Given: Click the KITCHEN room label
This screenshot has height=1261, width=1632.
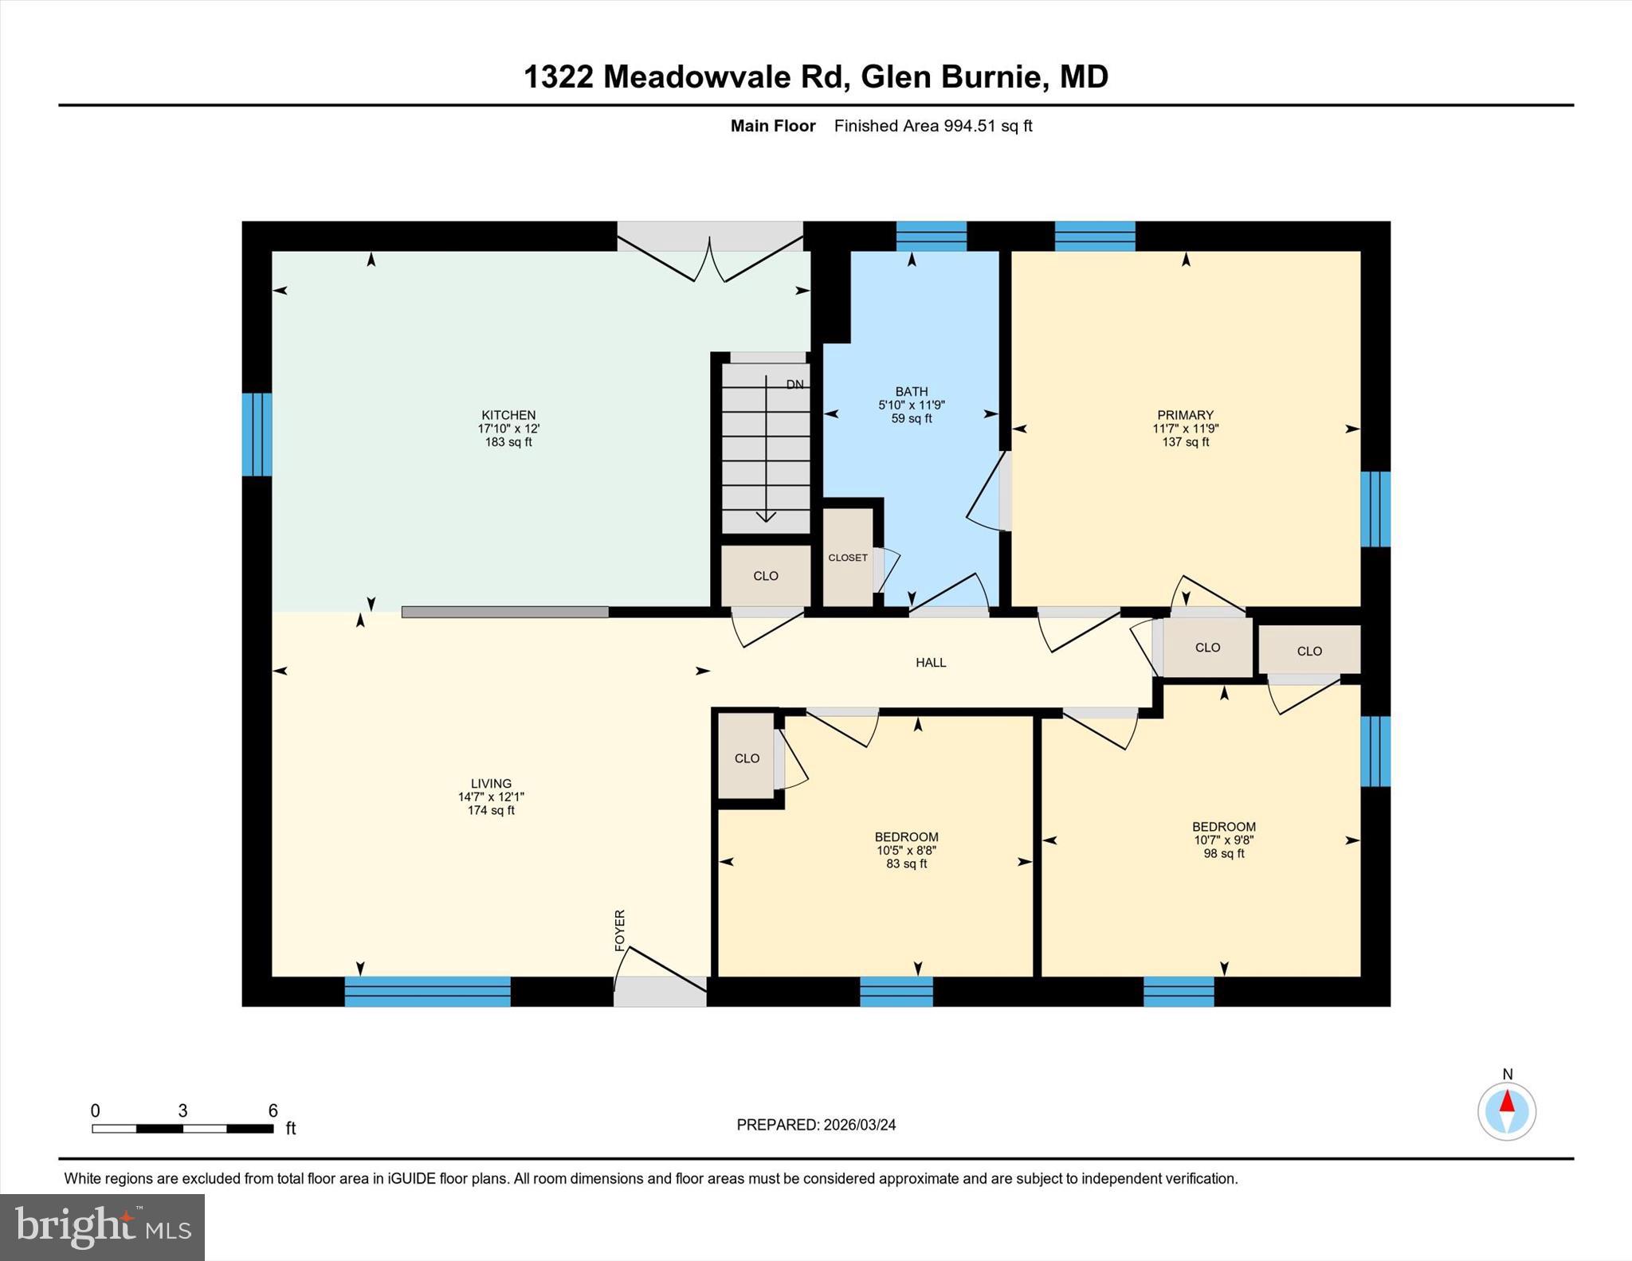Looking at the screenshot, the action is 508,415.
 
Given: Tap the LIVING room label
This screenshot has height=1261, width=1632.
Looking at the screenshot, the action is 491,784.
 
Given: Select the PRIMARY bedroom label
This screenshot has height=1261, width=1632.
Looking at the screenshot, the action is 1186,415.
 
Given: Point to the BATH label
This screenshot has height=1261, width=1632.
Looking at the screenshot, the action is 912,392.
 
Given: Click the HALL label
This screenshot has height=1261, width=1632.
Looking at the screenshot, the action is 931,663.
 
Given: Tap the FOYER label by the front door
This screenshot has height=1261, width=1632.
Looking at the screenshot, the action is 620,930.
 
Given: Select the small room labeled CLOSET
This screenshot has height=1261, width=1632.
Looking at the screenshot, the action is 848,558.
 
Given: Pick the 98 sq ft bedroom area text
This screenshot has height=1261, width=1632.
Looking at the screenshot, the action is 1224,854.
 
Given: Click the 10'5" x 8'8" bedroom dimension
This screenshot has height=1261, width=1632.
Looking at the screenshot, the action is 907,851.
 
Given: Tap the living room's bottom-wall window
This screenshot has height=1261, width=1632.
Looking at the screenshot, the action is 428,992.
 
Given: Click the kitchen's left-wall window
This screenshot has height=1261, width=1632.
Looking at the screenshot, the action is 257,434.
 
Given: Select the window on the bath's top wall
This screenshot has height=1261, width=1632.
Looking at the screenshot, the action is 932,237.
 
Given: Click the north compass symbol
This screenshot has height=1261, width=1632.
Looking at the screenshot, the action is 1507,1110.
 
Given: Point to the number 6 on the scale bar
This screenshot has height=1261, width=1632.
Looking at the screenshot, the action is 273,1111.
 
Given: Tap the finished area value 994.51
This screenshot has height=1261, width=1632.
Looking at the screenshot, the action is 970,126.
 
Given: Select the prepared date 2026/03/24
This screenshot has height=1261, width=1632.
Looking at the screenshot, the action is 860,1125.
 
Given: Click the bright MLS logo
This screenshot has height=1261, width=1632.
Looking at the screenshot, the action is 103,1228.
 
